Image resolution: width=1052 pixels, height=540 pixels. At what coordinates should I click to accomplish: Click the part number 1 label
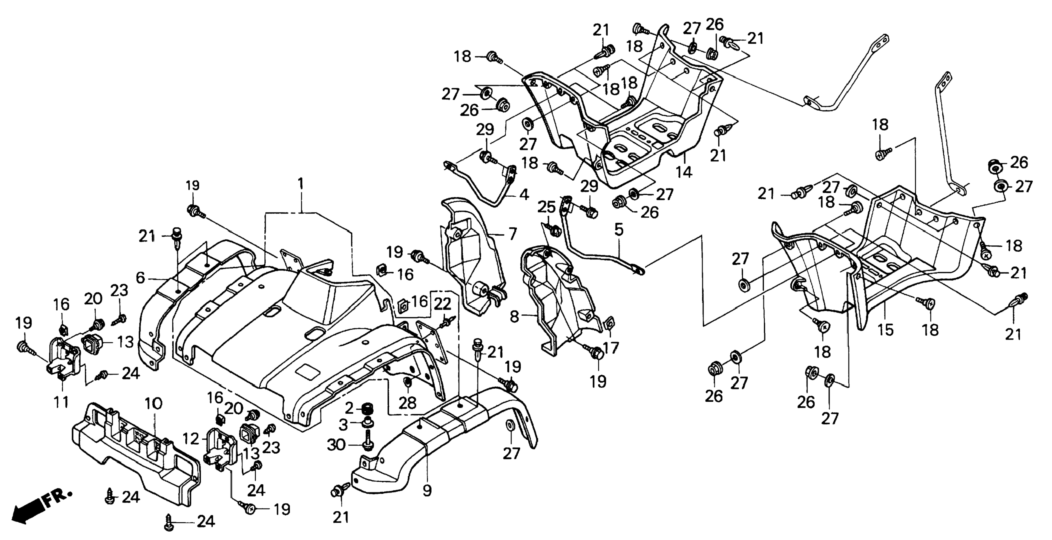click(x=301, y=184)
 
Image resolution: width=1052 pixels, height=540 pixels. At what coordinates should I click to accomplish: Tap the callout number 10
click(x=153, y=404)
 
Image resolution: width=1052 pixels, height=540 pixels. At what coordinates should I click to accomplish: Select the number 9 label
click(x=427, y=490)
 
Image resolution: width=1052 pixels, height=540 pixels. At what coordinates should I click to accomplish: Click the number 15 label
click(x=886, y=330)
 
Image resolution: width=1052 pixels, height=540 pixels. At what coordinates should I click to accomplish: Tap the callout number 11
click(x=61, y=402)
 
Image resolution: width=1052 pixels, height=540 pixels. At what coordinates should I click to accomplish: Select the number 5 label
click(x=619, y=230)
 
